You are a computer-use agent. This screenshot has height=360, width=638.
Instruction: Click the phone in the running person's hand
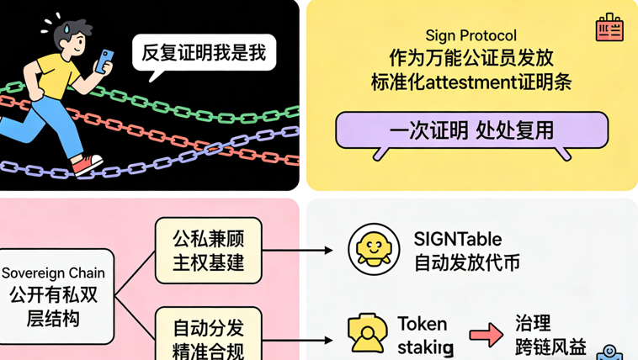(105, 60)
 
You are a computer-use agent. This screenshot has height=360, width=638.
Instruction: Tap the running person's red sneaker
(87, 165)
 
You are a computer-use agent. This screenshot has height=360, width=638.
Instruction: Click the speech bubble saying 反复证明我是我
(203, 54)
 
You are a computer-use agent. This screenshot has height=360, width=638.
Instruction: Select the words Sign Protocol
(471, 35)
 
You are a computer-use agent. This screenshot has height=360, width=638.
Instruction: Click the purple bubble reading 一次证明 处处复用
(471, 130)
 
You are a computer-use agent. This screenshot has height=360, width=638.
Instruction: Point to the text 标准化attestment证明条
(471, 82)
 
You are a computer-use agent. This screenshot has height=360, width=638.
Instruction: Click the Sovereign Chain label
(53, 273)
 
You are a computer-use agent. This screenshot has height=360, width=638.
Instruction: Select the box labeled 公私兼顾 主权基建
(208, 250)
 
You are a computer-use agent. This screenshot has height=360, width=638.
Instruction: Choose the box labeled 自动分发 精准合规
(208, 336)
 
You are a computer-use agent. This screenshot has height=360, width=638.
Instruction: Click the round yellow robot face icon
(374, 250)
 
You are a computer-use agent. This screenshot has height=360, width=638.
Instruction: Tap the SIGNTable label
(457, 240)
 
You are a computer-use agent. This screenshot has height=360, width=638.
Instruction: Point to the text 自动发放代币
(466, 262)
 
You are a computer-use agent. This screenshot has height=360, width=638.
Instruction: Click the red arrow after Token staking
(486, 335)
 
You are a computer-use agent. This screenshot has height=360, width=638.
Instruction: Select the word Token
(422, 324)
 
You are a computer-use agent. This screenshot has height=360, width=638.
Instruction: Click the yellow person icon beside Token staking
(367, 333)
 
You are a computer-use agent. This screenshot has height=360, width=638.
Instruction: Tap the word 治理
(532, 324)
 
